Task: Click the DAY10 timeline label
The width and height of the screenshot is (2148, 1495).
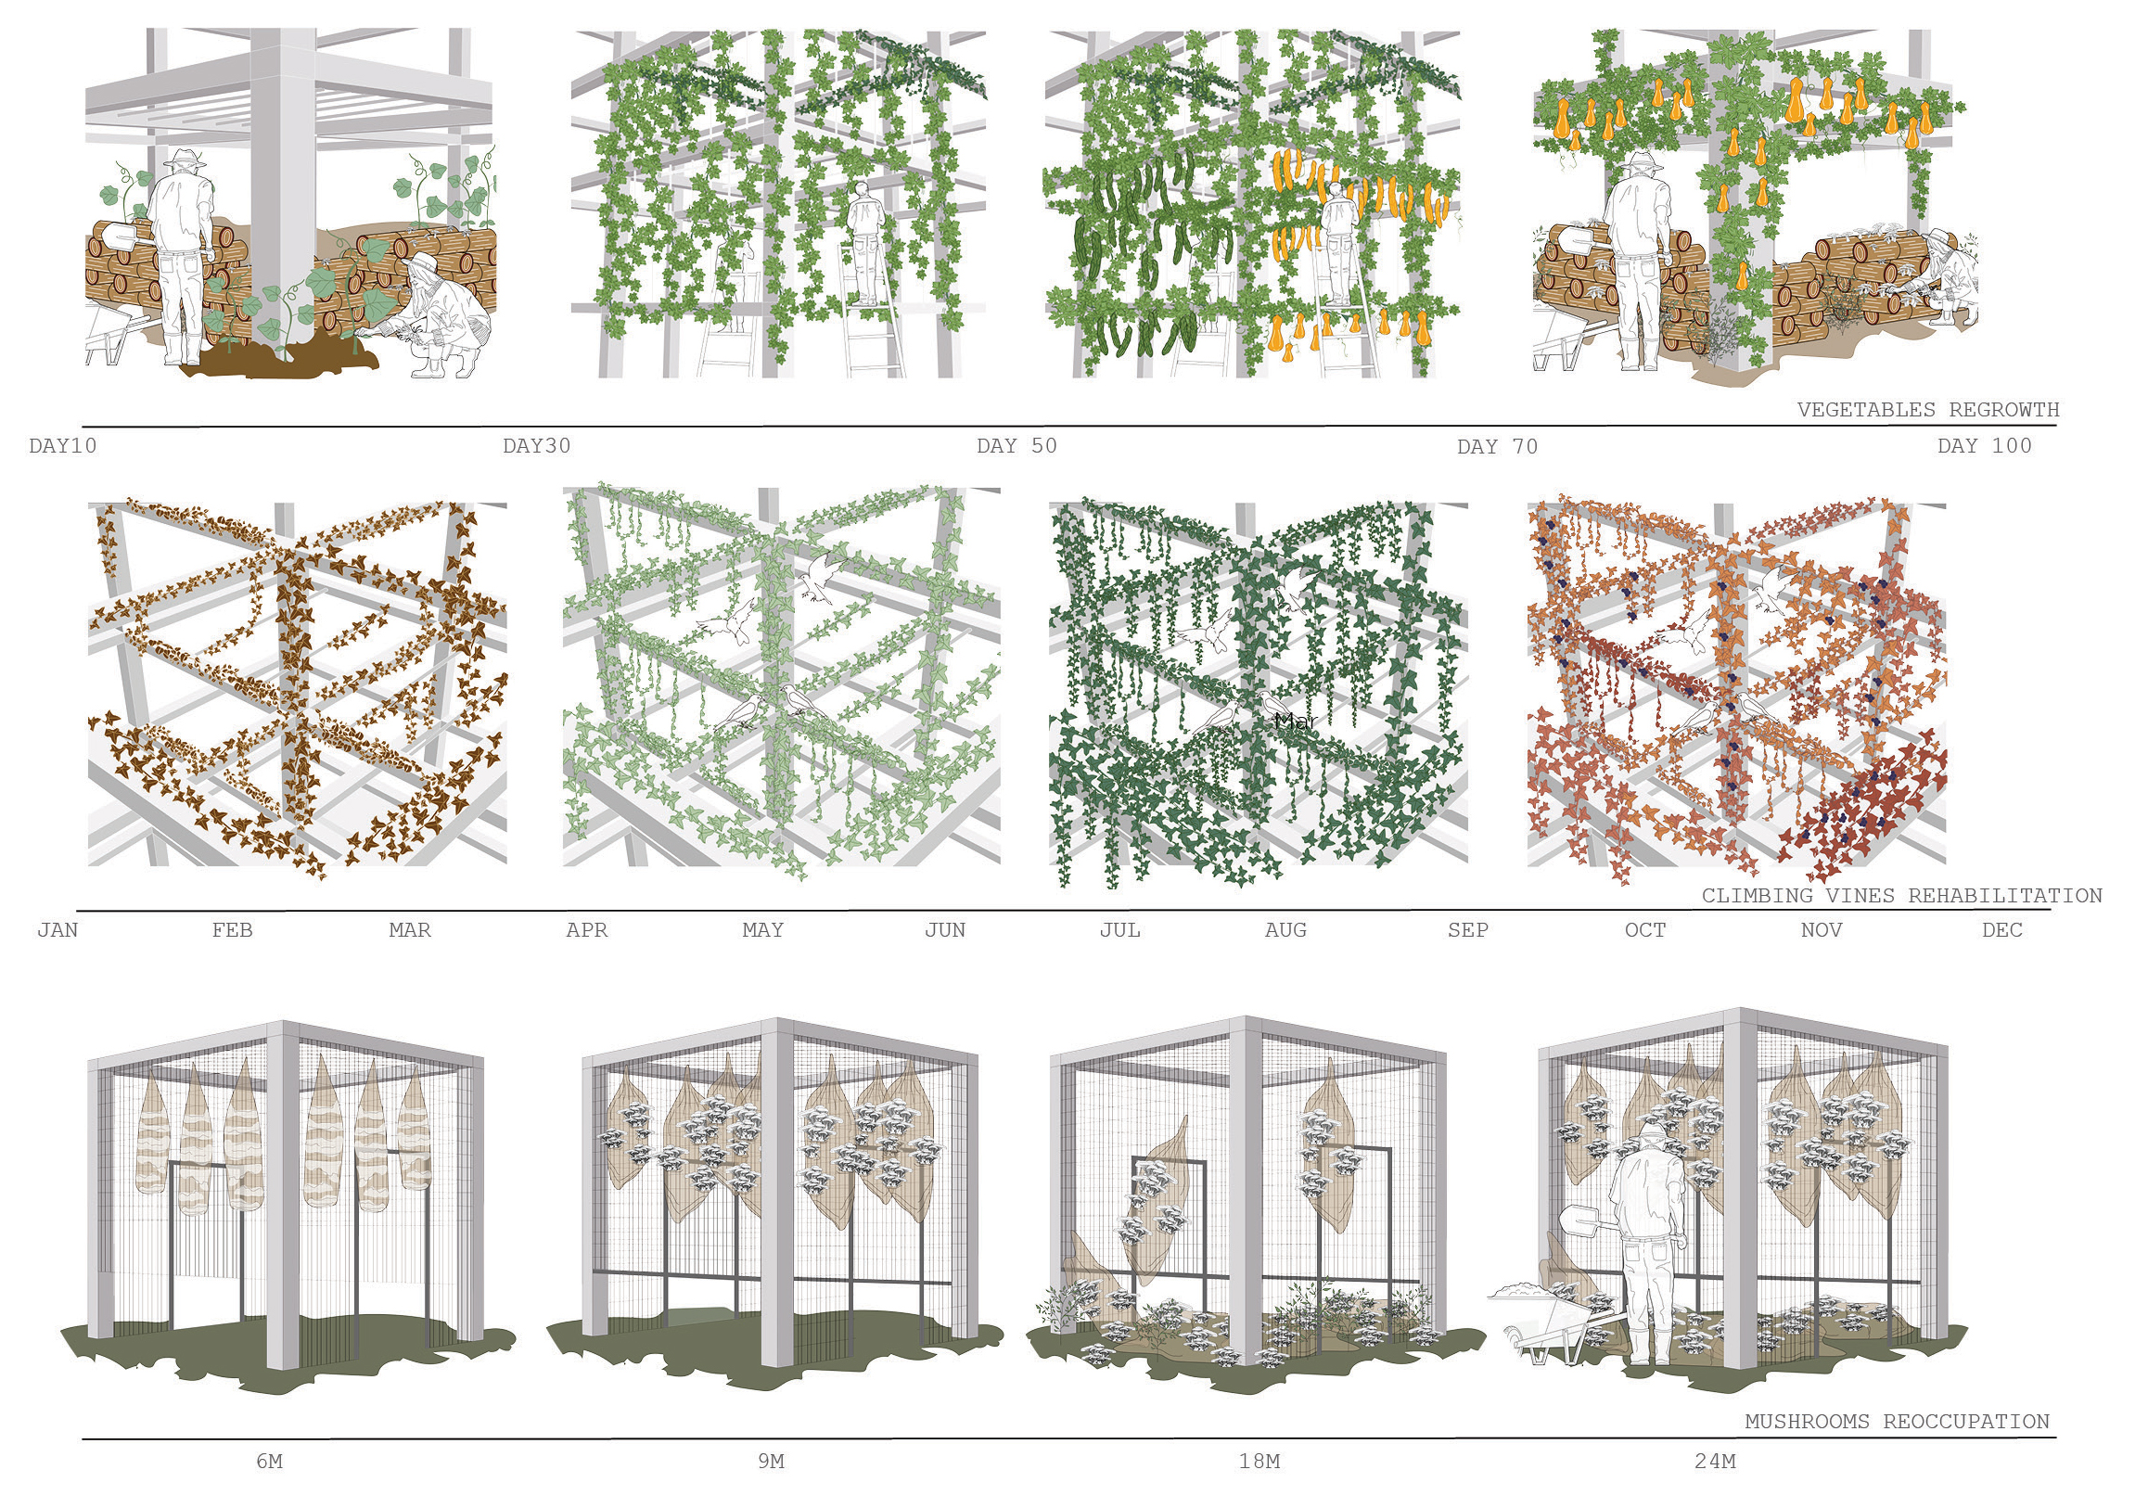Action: (63, 445)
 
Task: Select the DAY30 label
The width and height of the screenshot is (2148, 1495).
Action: (536, 445)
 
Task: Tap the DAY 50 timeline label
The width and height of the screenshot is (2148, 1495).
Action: (1016, 445)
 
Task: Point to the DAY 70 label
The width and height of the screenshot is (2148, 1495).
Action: (1497, 446)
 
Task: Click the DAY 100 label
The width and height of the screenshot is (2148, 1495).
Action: (1984, 445)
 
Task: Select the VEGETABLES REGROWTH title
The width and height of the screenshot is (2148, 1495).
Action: (1928, 409)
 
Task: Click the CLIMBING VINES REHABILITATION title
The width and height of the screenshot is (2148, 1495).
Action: (1902, 895)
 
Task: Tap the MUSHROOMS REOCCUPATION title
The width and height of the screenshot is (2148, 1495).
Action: (1898, 1421)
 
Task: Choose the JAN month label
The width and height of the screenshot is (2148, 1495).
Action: (58, 930)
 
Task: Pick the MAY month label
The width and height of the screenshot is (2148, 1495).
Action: (762, 930)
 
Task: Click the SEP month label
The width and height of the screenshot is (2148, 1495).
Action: (1468, 930)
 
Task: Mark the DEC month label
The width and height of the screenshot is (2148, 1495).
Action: (2002, 930)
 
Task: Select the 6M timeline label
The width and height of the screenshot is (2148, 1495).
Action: (270, 1461)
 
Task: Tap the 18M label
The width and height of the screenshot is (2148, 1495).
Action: (1259, 1461)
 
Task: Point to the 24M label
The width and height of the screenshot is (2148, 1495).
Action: (1715, 1461)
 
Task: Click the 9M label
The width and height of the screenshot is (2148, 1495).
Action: (771, 1461)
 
